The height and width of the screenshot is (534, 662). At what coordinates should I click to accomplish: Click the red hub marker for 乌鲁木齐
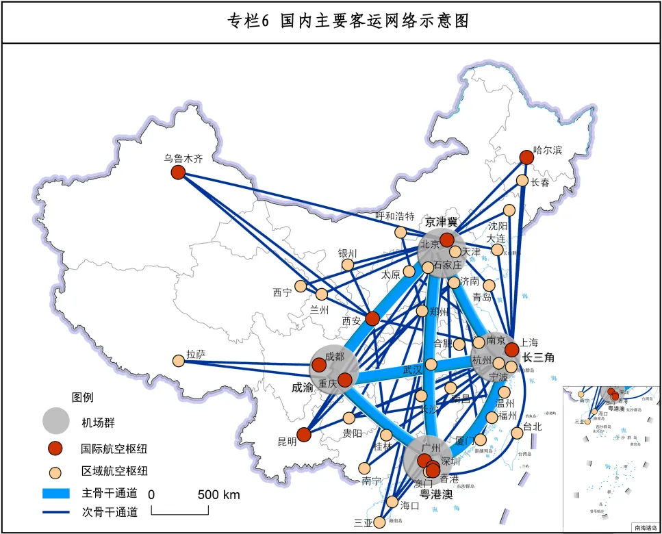tap(178, 173)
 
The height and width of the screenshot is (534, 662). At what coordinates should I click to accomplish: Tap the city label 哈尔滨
tap(548, 150)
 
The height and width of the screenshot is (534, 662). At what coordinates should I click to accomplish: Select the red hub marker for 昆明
tap(304, 434)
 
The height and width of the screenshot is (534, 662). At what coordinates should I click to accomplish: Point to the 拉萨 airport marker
tap(179, 360)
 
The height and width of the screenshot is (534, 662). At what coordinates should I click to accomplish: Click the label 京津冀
tap(441, 221)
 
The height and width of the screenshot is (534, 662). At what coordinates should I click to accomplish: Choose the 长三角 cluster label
tap(538, 357)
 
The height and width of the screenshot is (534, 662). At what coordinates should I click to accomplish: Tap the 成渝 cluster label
tap(303, 387)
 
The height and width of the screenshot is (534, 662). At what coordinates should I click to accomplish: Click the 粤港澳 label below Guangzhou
tap(437, 494)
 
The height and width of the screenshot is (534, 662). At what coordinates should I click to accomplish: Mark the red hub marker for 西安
tap(372, 318)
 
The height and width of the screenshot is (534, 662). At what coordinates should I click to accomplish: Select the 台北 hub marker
tap(518, 433)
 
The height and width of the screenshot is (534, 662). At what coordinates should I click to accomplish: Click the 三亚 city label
tap(362, 523)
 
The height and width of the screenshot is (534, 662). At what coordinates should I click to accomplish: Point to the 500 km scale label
tap(219, 494)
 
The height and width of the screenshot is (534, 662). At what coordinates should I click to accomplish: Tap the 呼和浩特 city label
tap(395, 216)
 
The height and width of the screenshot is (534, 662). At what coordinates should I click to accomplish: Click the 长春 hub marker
tap(522, 181)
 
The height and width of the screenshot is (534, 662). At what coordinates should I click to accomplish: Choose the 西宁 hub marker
tap(301, 286)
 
